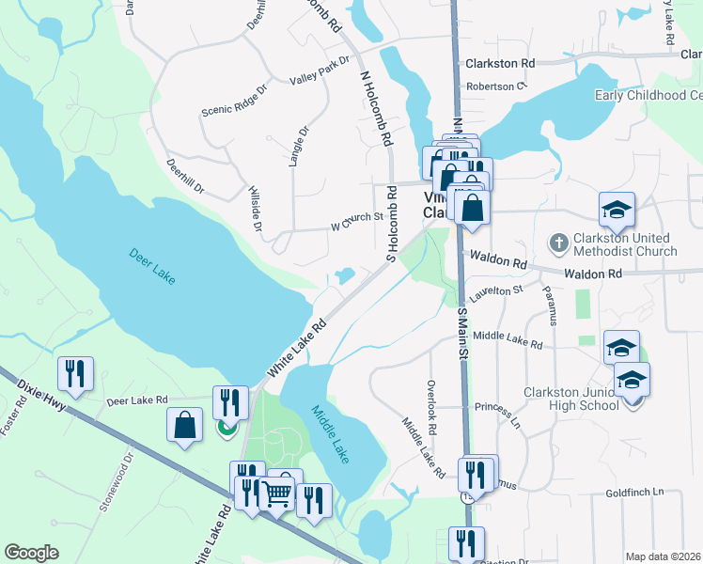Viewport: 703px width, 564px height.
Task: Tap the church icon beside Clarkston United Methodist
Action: (x=559, y=243)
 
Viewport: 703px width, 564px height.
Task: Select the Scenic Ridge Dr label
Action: (x=235, y=98)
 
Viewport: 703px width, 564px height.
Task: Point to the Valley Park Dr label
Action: (x=320, y=70)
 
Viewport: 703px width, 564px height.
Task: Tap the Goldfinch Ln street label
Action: (x=634, y=492)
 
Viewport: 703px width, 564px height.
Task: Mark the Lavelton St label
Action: (x=498, y=293)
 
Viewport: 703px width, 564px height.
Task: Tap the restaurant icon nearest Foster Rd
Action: (x=73, y=374)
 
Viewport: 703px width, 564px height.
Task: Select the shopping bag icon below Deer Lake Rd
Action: (x=185, y=425)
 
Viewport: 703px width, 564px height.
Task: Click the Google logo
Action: (x=31, y=553)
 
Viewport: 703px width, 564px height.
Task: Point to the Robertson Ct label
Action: (x=498, y=86)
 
